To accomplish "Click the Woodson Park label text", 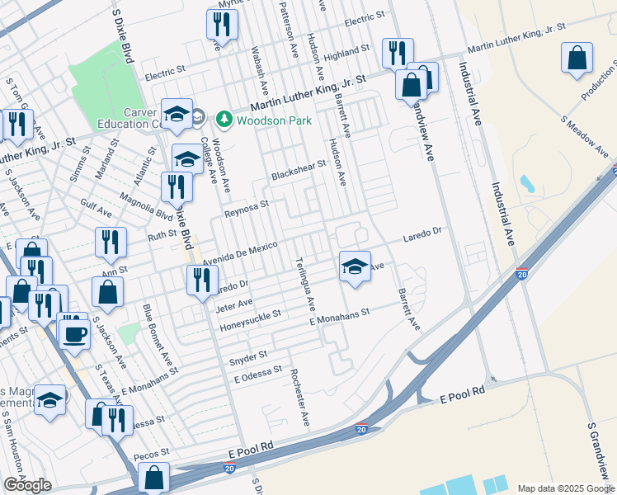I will point(275,120).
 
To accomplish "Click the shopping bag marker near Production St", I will point(577,59).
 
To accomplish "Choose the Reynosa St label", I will point(247,209).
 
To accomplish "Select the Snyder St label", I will point(248,357).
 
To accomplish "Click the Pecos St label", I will point(153,453).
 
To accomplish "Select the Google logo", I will point(27,485).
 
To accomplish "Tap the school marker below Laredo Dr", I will point(355,266).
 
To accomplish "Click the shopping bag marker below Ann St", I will point(107,291).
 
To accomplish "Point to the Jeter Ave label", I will point(233,304).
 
